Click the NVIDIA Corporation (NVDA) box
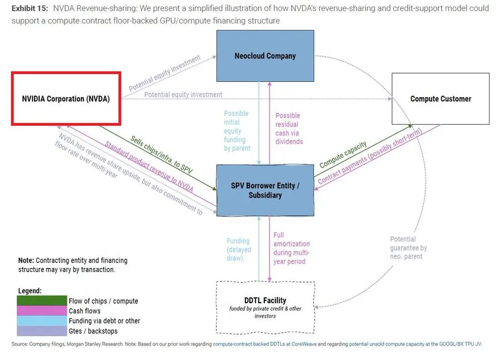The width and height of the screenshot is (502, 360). pos(66,99)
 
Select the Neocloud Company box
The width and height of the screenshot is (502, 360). pos(265,56)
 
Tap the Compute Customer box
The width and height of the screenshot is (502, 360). pos(441,99)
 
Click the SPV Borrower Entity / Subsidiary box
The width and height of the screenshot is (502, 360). pos(265,191)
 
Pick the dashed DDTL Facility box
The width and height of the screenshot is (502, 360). pos(265,308)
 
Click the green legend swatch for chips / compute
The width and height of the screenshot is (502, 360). pos(42,300)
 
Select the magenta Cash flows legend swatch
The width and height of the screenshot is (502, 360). pos(42,311)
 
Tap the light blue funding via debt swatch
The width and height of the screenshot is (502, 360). pos(42,320)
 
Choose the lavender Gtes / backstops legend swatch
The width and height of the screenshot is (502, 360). pos(42,331)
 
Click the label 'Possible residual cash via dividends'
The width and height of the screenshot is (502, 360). pos(289,129)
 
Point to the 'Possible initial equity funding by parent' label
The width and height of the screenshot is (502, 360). pos(237,130)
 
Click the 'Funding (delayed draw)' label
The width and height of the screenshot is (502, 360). pos(239,250)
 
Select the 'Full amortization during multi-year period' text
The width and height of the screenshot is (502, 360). pos(291,249)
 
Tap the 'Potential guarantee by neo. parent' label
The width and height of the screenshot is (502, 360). pos(408,247)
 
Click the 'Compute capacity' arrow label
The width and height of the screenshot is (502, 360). pos(343,154)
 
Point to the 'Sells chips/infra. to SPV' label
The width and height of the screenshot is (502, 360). pos(161,154)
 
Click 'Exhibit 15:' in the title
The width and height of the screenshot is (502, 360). pos(30,8)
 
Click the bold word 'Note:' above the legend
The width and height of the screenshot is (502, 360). pos(26,260)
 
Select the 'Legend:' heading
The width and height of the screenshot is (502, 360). pos(30,290)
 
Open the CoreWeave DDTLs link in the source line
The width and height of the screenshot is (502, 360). pos(265,344)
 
